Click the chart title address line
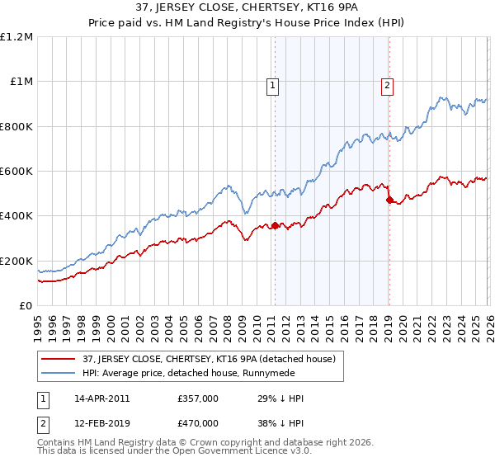pyautogui.click(x=247, y=9)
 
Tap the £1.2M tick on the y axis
pyautogui.click(x=17, y=37)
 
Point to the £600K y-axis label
pyautogui.click(x=16, y=172)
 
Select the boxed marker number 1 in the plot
pyautogui.click(x=272, y=83)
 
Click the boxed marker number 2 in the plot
pyautogui.click(x=387, y=83)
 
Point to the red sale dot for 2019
pyautogui.click(x=389, y=200)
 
